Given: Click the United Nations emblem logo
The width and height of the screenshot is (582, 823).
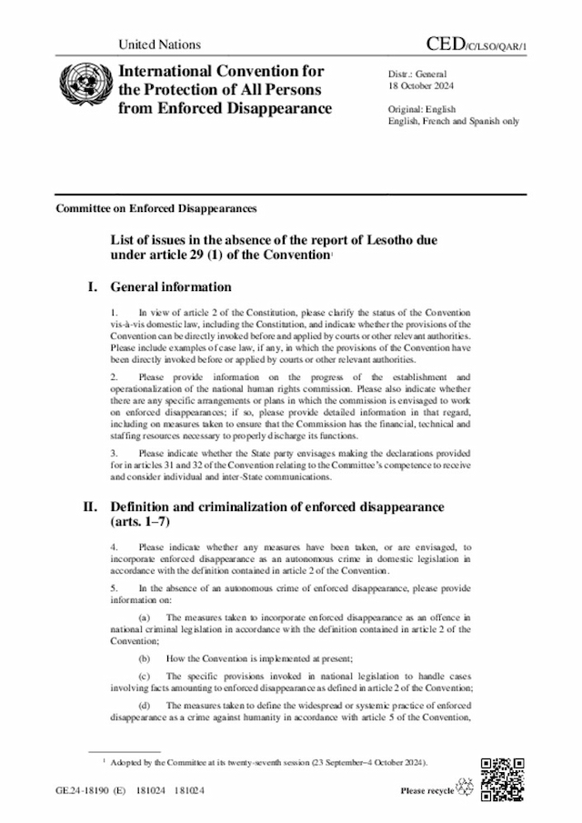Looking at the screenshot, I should pos(80,89).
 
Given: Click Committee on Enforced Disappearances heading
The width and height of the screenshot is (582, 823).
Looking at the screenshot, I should pos(156,208).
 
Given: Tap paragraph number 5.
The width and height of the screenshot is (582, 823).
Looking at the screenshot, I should pos(114,587).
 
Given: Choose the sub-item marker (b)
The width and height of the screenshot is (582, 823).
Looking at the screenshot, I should pos(144,657).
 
